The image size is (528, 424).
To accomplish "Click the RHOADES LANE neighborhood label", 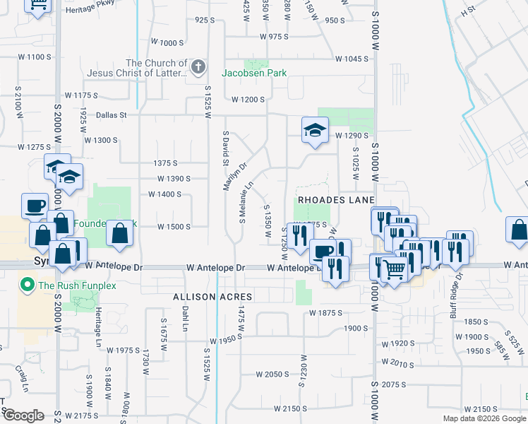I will click(335, 200).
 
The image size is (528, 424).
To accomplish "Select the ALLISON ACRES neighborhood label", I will click(203, 298).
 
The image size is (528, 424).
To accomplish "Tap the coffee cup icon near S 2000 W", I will click(35, 206).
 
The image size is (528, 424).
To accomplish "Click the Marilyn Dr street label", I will click(234, 177).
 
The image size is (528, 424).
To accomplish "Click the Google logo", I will click(23, 415).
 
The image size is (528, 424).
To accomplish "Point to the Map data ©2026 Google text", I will click(484, 418).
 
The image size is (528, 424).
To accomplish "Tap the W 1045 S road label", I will click(353, 59).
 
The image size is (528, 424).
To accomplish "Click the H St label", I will click(487, 12).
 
